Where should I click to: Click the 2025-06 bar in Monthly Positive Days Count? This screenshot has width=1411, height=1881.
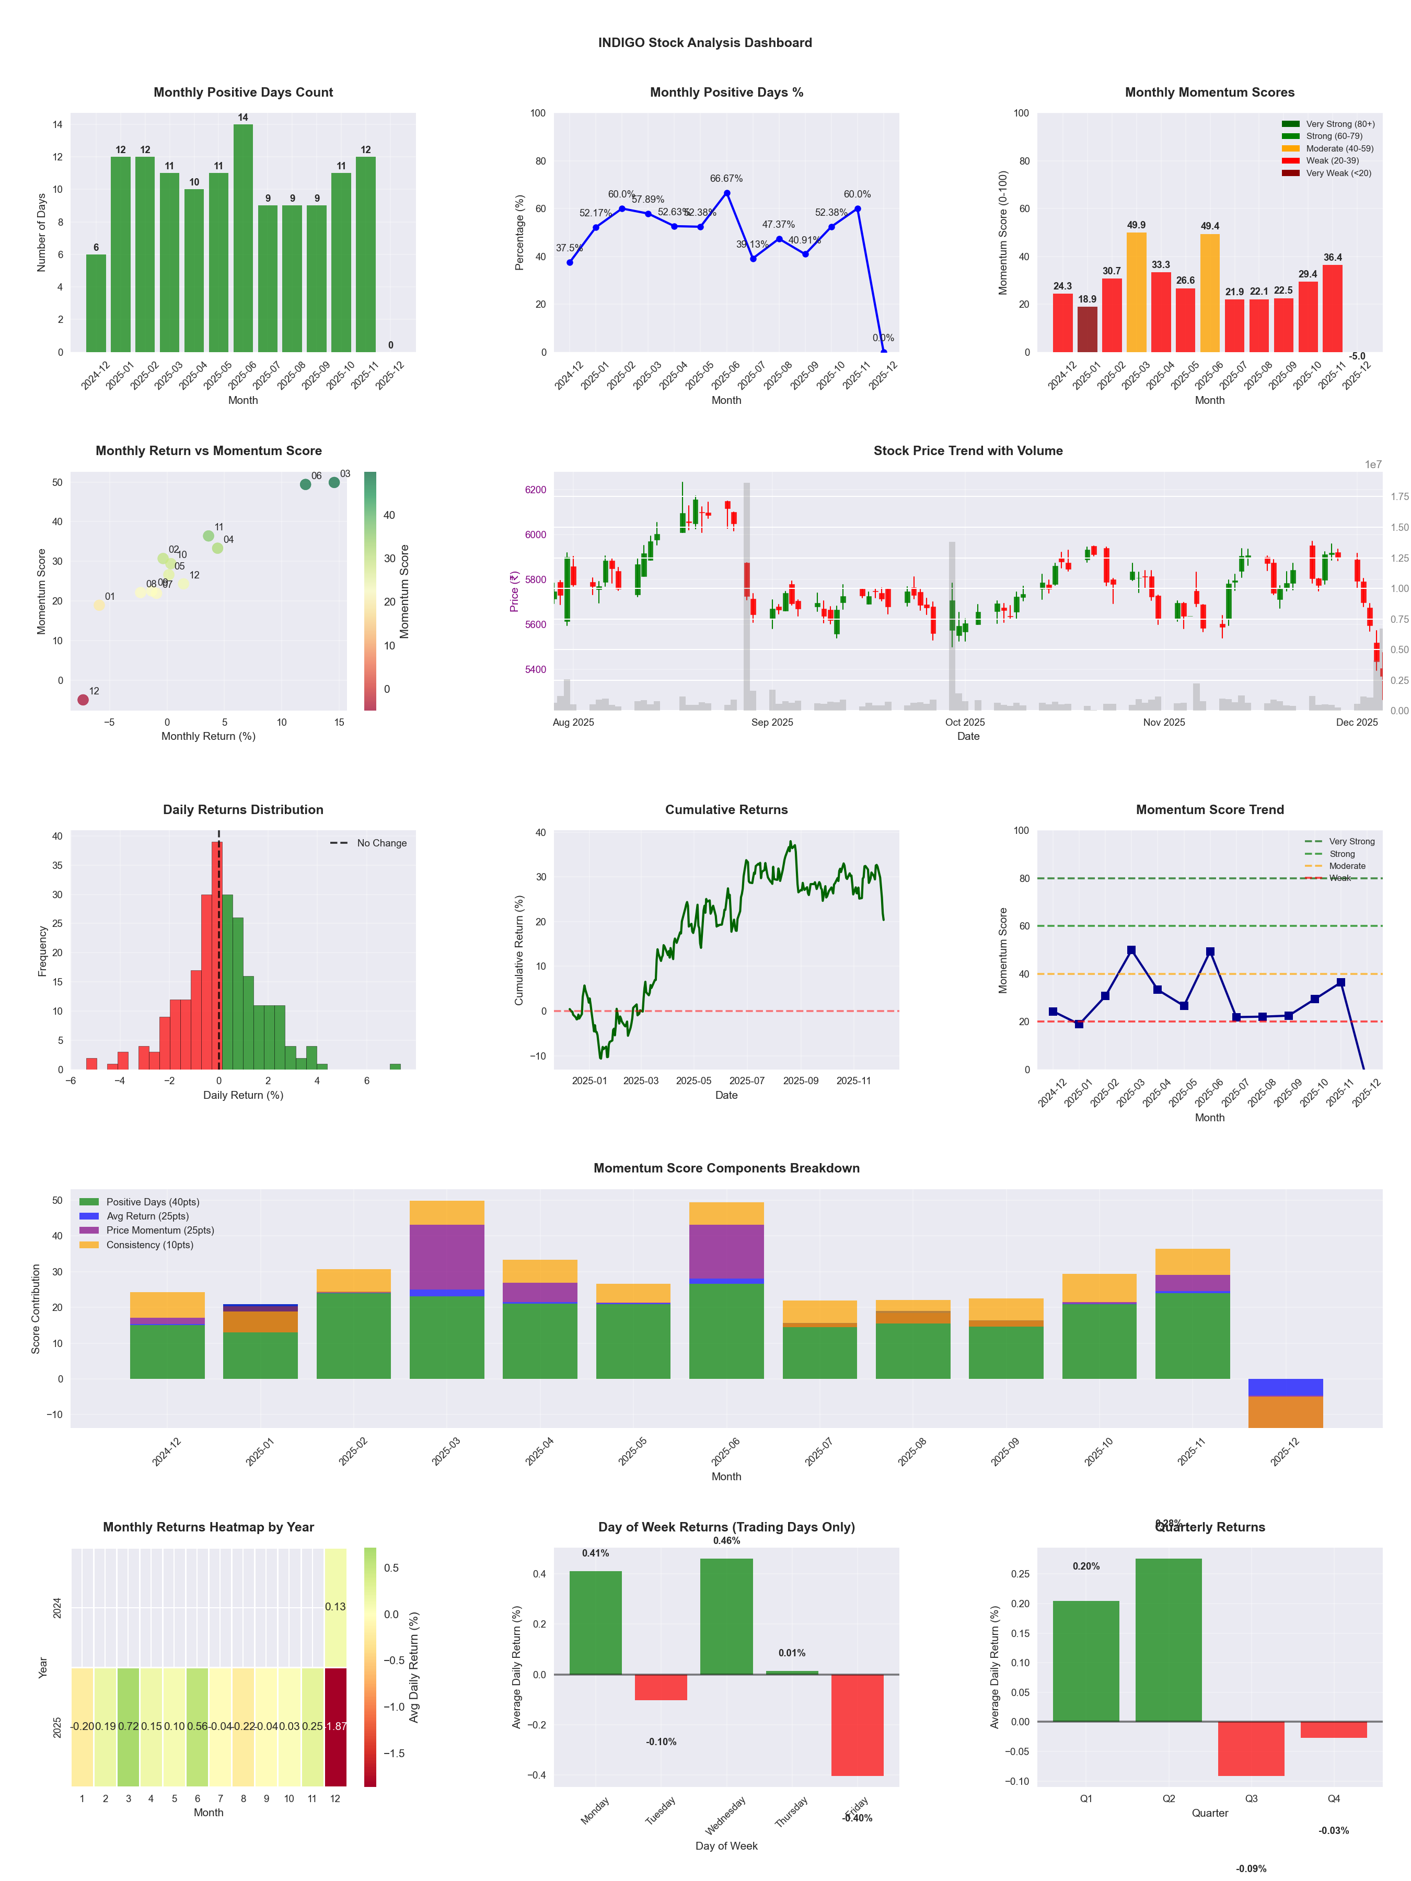click(x=243, y=238)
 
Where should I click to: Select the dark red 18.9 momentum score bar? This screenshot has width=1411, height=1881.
click(x=1087, y=329)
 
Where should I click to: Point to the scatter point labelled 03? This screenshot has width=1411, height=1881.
click(x=334, y=482)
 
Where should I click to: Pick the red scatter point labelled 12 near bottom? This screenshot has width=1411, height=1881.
click(x=83, y=700)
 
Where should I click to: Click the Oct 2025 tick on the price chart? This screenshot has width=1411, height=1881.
click(x=965, y=722)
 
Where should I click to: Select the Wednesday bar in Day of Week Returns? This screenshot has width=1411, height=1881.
click(x=726, y=1616)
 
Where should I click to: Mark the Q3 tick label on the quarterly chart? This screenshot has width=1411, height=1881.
click(x=1251, y=1798)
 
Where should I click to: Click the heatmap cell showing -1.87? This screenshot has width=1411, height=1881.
click(x=335, y=1726)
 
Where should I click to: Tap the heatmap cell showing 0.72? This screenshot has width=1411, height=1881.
click(x=129, y=1726)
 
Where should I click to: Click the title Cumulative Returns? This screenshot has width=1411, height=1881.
click(x=726, y=809)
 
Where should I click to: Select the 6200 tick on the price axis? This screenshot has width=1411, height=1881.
click(x=536, y=490)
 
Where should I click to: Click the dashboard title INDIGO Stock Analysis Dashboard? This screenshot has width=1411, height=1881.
click(x=705, y=42)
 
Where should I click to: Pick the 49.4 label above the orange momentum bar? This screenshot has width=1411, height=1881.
click(x=1209, y=226)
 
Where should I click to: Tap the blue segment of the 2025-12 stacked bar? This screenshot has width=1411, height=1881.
click(x=1285, y=1387)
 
